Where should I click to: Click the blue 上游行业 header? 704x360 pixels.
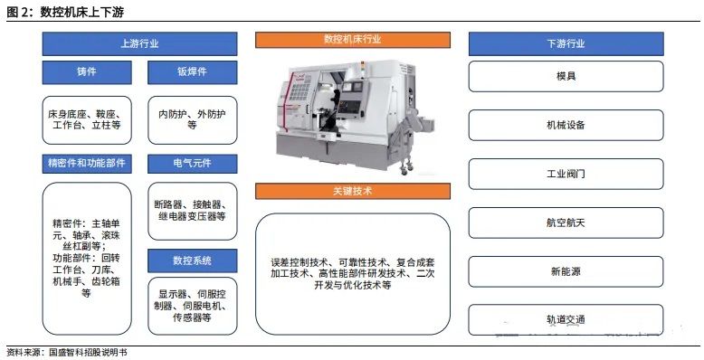coord(139,43)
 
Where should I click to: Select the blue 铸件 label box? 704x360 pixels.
coord(87,72)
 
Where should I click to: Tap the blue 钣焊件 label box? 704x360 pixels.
coord(192,72)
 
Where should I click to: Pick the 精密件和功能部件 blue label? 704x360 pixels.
coord(87,164)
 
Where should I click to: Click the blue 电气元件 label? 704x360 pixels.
coord(192,164)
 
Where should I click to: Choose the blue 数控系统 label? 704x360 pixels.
coord(192,261)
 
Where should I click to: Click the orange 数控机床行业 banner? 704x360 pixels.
coord(352,40)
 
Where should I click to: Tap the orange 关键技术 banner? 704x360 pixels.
coord(352,191)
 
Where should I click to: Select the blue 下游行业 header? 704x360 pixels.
coord(566,43)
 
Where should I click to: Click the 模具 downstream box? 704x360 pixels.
coord(566,76)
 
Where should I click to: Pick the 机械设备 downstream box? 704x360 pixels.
coord(566,125)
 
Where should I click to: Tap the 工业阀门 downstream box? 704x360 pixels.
coord(566,174)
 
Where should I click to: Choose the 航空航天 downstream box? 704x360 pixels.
coord(566,223)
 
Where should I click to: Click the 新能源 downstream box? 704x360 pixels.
coord(566,271)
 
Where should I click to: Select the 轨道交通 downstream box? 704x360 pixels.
coord(566,319)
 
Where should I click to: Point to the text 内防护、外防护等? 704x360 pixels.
coord(192,119)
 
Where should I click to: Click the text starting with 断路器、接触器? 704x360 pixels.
coord(192,211)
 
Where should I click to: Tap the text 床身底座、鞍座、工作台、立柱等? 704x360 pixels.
coord(87,119)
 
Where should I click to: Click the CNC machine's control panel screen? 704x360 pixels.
coord(350,88)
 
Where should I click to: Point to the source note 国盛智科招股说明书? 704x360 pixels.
coord(88,353)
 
